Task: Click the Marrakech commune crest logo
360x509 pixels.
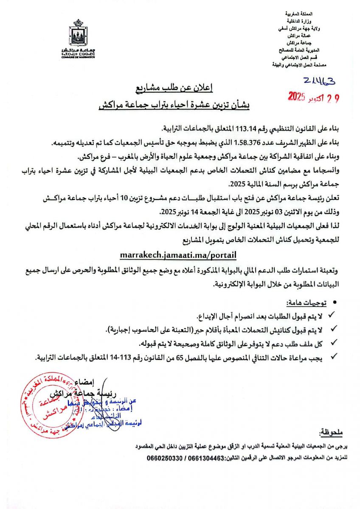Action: tap(78, 34)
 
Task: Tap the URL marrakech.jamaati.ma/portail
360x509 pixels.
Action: tap(178, 255)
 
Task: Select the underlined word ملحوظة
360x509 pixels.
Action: tap(332, 433)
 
